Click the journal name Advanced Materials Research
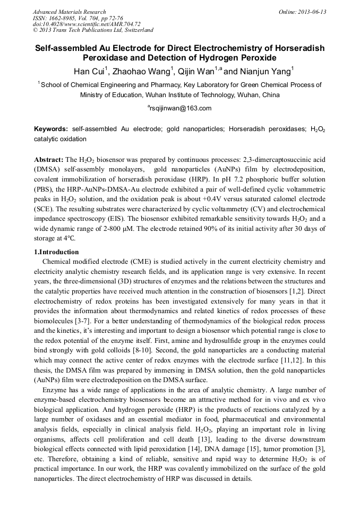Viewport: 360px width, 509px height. click(x=69, y=12)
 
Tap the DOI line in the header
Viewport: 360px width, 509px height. click(x=86, y=24)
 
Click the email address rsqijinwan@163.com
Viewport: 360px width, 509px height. click(x=181, y=108)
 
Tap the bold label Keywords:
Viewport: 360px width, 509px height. click(x=51, y=129)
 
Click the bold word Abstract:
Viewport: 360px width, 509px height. click(x=48, y=160)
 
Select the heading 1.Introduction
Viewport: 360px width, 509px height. click(x=56, y=252)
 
